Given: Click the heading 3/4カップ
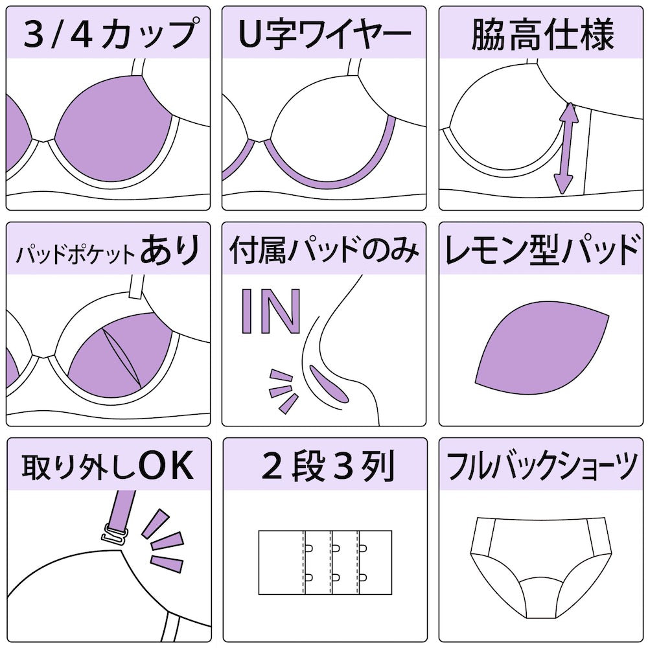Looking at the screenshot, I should (x=108, y=34).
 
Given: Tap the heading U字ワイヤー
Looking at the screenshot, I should (x=324, y=34).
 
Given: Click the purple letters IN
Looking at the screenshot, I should (x=271, y=311).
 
